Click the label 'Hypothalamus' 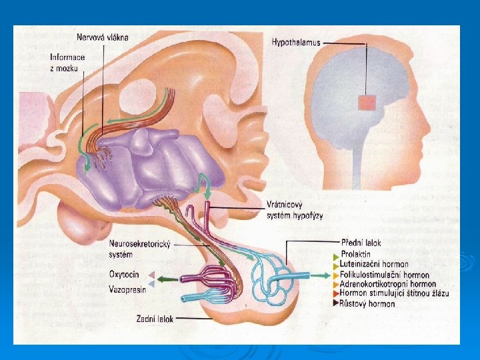tap(295, 43)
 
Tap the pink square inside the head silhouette tap(367, 103)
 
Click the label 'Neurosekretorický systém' tap(139, 249)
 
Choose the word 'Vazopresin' tap(128, 289)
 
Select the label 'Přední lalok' tap(360, 245)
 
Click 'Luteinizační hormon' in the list tap(374, 265)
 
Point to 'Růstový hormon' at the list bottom tap(367, 303)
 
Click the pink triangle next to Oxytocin tap(152, 275)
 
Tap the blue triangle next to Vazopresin tap(152, 285)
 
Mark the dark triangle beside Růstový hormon tap(335, 303)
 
